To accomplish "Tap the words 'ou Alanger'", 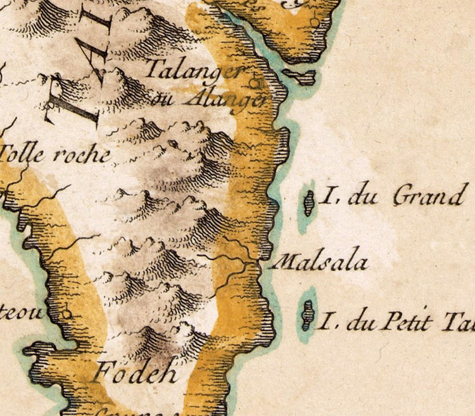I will point(210,99).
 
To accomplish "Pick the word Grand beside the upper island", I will point(427,198).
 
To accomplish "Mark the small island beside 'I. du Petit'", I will point(307,315).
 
